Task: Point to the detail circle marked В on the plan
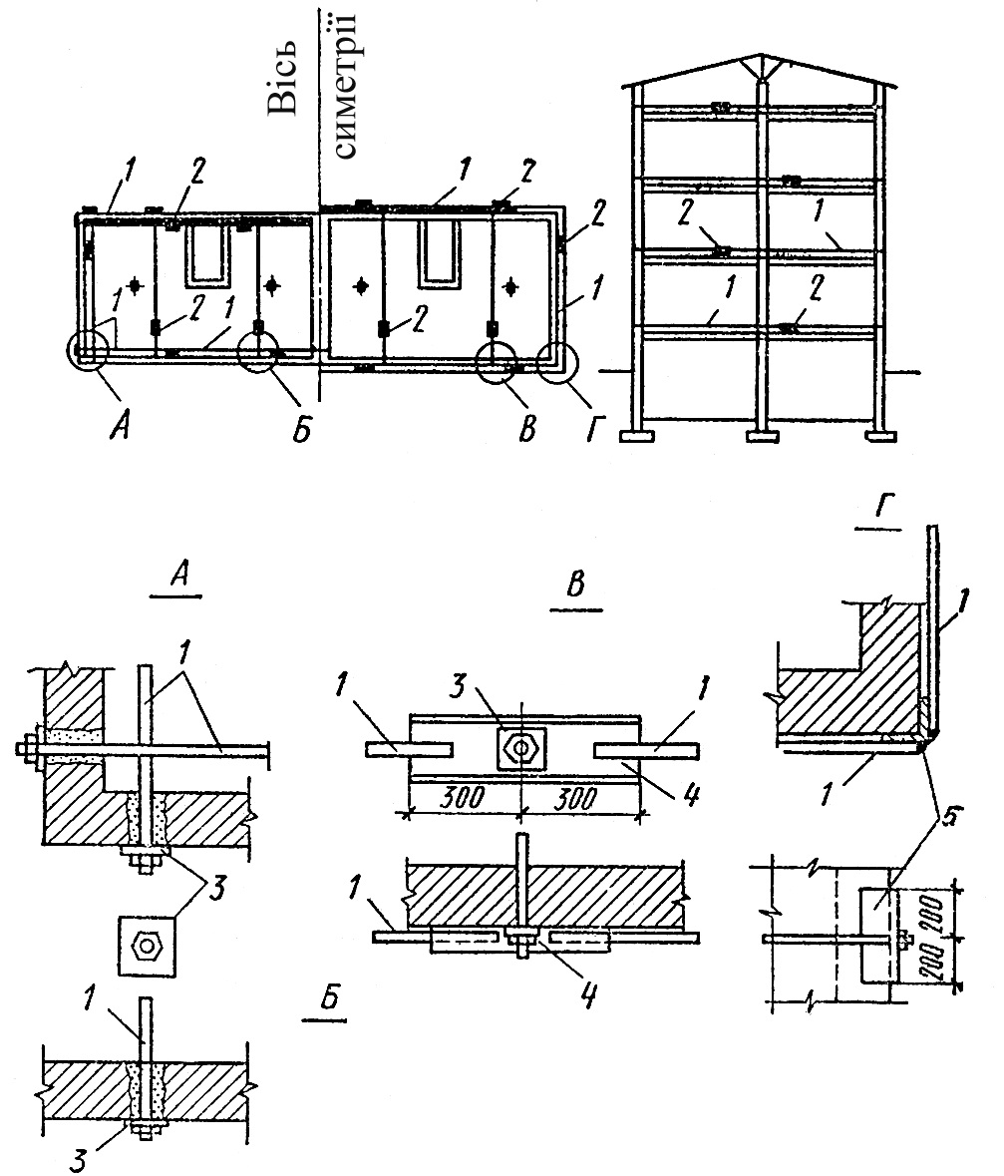click(499, 364)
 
